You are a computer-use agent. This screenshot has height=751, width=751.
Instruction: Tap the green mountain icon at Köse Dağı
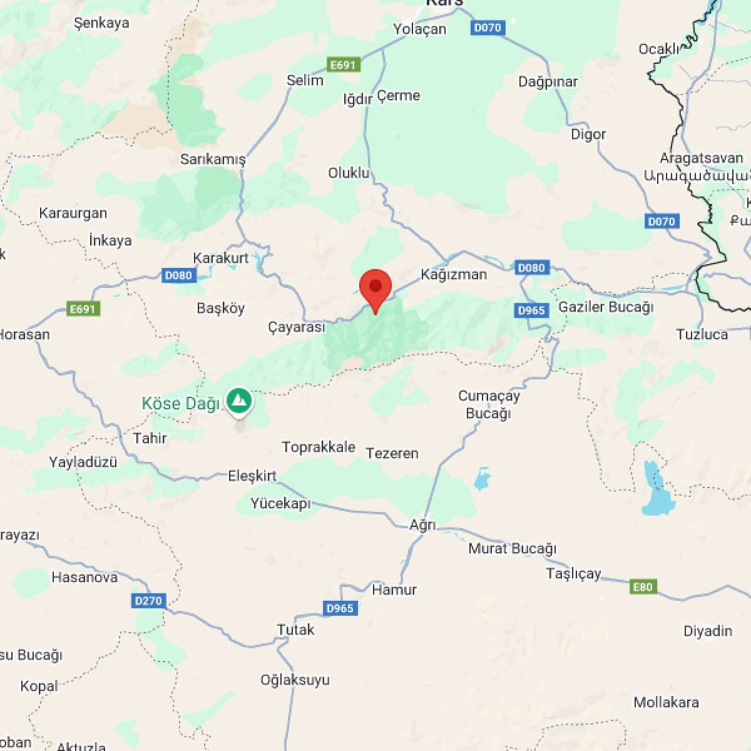coord(239,401)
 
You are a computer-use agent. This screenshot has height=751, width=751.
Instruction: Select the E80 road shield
coord(643,587)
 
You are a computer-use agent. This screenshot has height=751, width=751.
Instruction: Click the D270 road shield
coord(148,601)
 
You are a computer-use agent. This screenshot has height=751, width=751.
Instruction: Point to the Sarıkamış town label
coord(213,159)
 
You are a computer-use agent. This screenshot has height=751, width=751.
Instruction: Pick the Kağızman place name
coord(454,274)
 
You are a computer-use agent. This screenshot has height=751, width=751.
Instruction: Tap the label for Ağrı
coord(422,524)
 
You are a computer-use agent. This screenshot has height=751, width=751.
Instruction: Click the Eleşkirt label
coord(252,476)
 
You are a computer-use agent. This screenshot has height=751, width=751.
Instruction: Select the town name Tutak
coord(295,630)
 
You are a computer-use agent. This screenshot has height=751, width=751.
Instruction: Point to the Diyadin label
coord(707,631)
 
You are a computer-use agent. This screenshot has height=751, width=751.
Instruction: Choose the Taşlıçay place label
coord(573,573)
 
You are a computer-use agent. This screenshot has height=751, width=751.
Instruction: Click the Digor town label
coord(588,134)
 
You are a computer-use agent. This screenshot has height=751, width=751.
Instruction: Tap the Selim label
coord(305,80)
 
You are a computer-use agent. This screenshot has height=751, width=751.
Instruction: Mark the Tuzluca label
coord(702,334)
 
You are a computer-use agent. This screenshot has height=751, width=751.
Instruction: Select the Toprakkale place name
coord(319,447)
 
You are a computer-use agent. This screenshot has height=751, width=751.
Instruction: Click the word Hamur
coord(394,590)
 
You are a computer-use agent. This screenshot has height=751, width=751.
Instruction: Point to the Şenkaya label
coord(101,23)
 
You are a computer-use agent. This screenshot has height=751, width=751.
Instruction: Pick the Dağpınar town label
coord(548,81)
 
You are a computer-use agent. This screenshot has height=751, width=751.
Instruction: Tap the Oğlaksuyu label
coord(295,680)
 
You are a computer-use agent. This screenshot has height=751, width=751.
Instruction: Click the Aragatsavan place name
coord(701,158)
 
